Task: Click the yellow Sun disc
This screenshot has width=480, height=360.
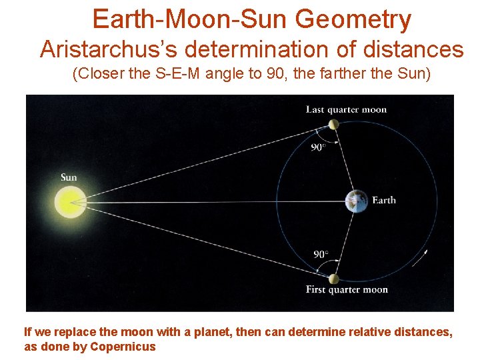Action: point(69,201)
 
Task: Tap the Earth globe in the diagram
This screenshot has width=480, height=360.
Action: point(356,201)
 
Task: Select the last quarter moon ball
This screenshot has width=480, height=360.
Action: point(333,124)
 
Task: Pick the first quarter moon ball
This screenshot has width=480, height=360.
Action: point(333,279)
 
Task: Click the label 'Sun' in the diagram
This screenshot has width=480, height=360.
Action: point(69,177)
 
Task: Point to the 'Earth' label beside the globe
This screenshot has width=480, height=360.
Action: point(383,200)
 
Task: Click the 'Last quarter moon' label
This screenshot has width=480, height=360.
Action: point(346,109)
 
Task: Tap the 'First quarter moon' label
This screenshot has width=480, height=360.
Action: point(347,289)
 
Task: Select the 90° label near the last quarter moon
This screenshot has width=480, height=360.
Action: point(319,147)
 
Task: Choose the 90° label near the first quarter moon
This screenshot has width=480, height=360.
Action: point(321,254)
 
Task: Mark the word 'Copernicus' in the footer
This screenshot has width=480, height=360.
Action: point(123,347)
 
